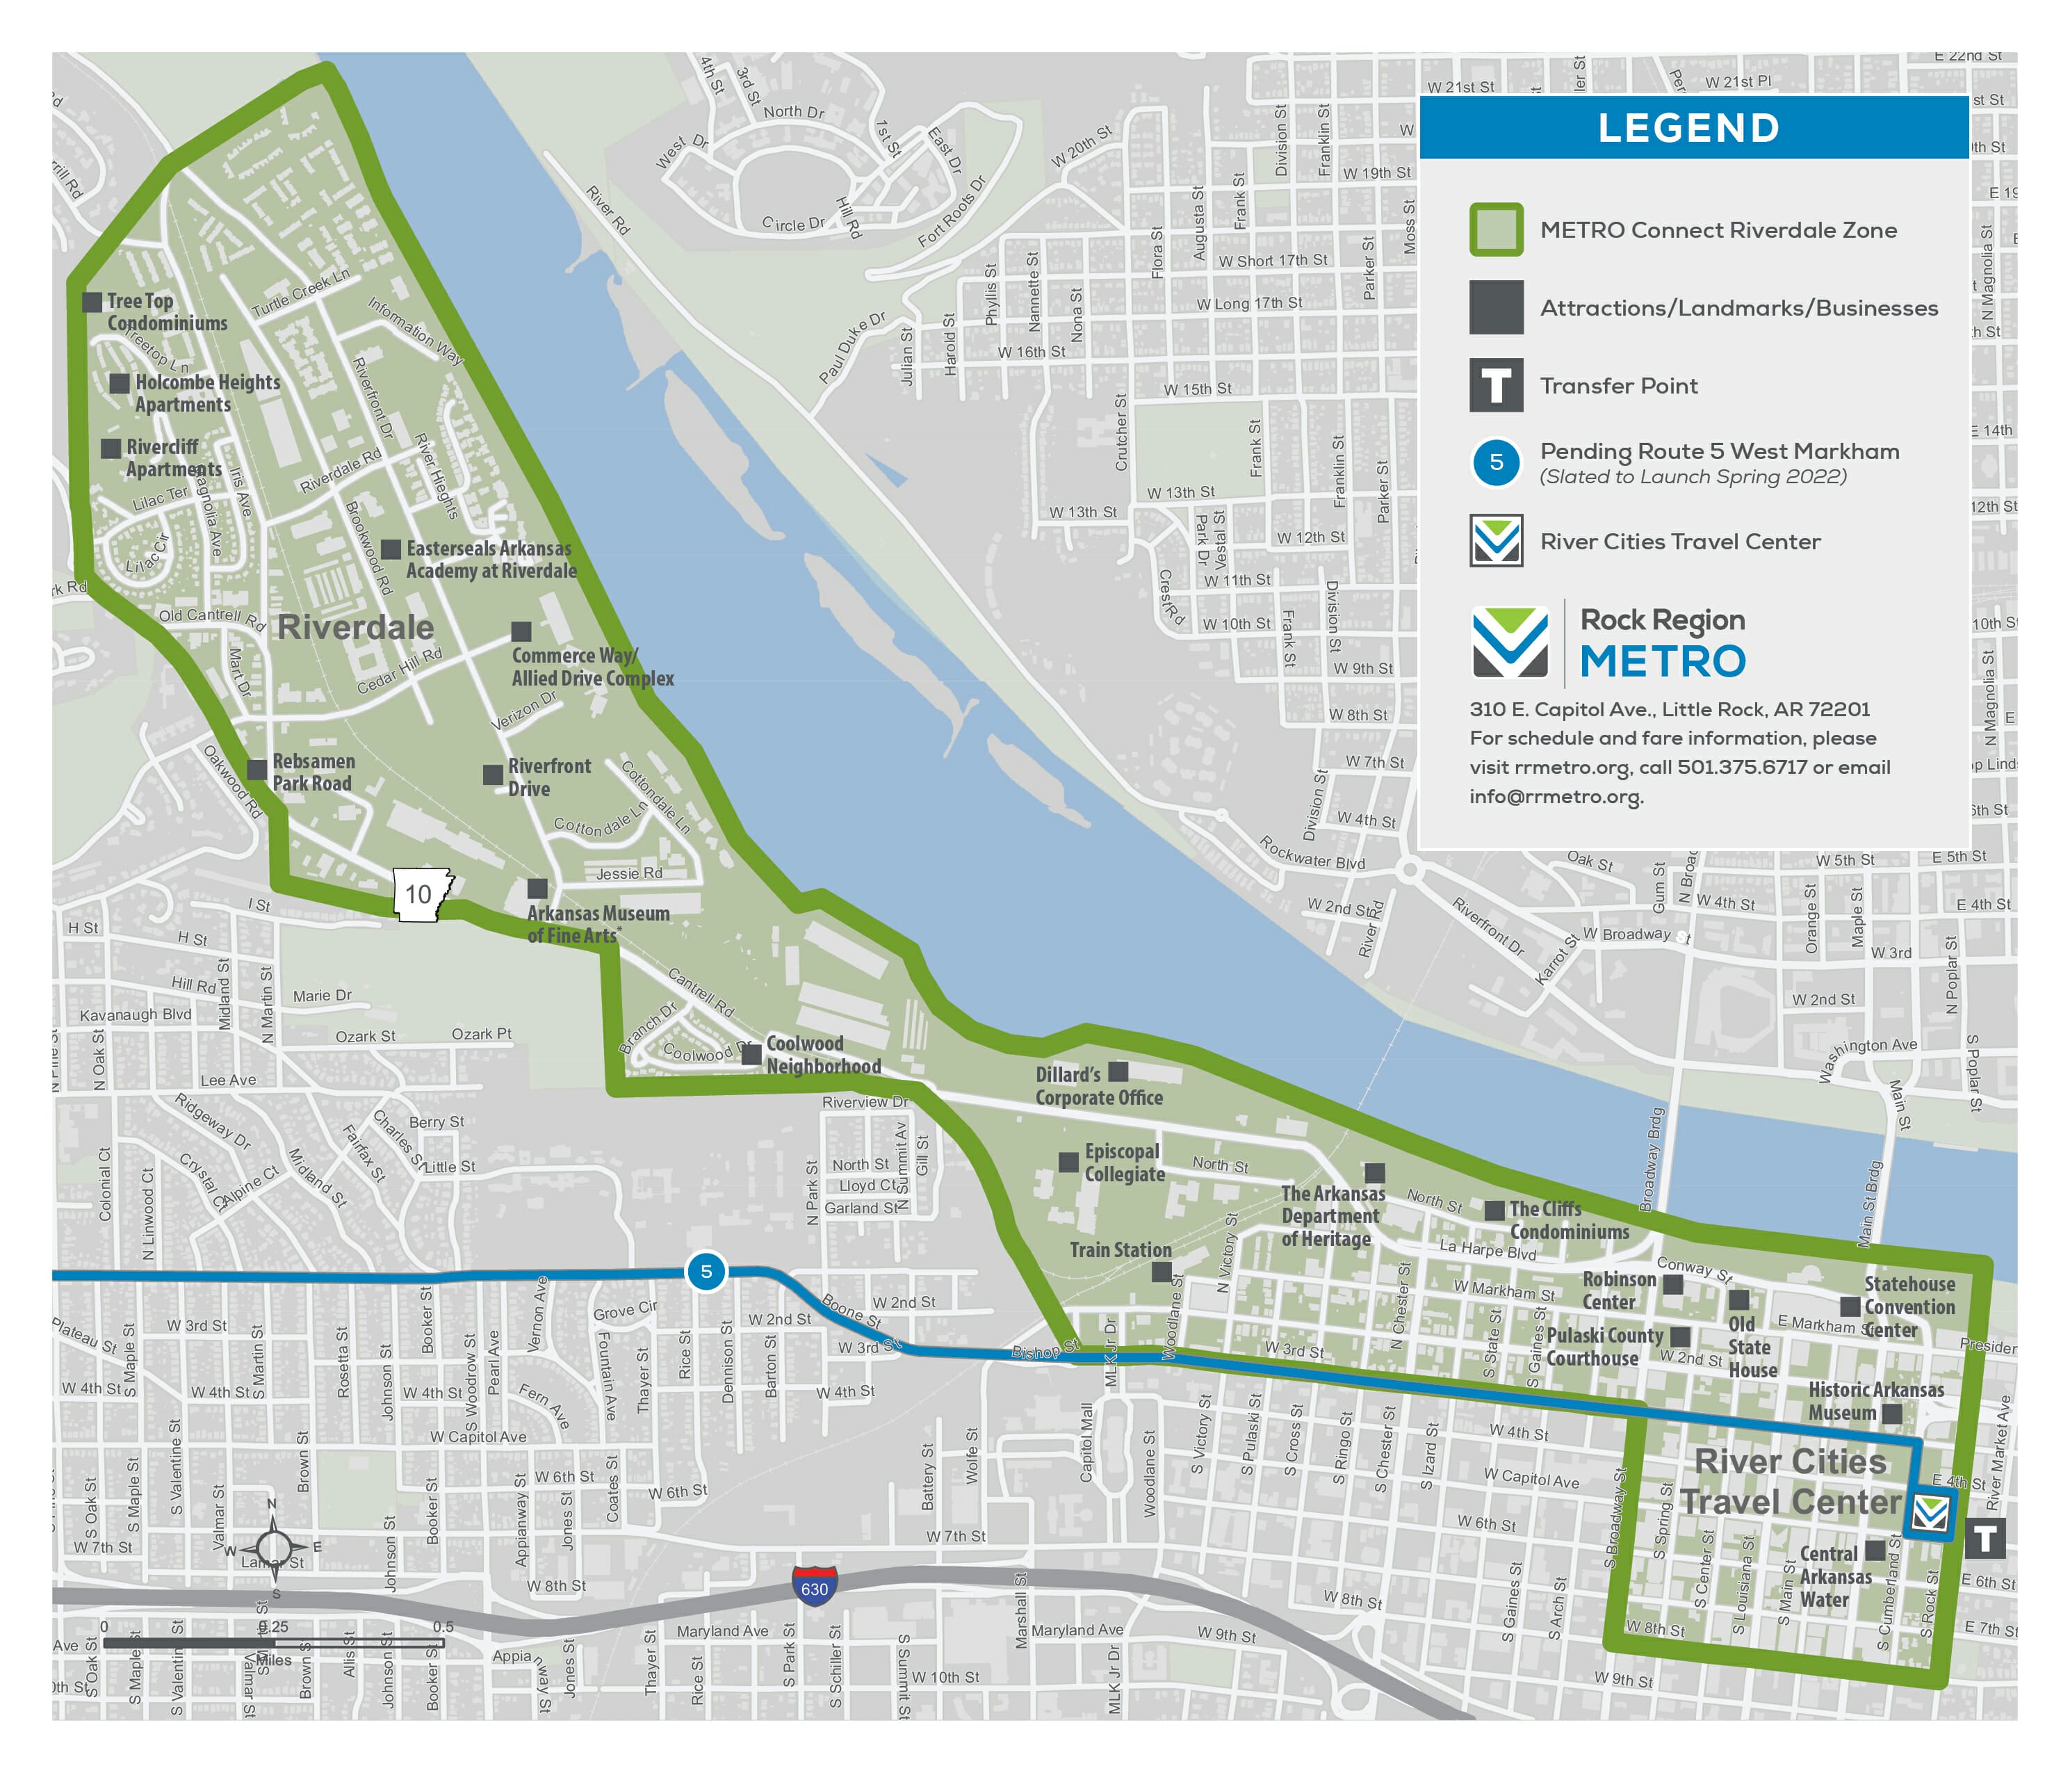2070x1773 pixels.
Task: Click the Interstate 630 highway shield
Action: point(814,1586)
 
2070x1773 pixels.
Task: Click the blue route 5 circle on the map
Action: point(706,1271)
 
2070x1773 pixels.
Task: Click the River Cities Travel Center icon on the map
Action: point(1930,1514)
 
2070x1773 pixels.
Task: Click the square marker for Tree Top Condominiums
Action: point(92,302)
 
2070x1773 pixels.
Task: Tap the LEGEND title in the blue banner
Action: point(1688,128)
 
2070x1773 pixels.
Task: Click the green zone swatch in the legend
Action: point(1496,230)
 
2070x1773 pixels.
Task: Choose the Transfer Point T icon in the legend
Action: point(1496,386)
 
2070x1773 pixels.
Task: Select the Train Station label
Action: point(1120,1249)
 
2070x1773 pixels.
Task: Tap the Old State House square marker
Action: point(1738,1300)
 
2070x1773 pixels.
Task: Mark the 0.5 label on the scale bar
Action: point(443,1627)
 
